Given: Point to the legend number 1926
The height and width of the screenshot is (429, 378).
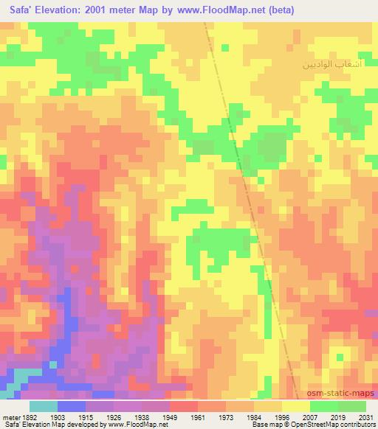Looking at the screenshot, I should [114, 416].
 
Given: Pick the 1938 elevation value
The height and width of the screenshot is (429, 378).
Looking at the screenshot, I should [142, 416].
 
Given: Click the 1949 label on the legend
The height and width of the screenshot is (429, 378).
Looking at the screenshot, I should [171, 416].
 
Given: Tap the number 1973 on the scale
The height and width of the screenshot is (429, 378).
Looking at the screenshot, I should [227, 416].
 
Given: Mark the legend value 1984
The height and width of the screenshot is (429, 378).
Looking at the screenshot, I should [255, 416].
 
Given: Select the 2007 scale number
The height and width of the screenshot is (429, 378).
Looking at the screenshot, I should [310, 416].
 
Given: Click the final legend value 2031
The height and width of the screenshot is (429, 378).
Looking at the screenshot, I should [365, 416].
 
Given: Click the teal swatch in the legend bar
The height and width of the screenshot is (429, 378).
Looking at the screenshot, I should [44, 406].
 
